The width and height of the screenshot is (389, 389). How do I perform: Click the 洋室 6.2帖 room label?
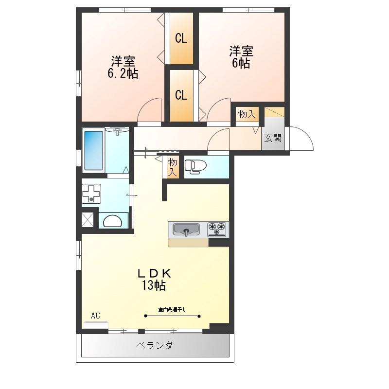(123, 68)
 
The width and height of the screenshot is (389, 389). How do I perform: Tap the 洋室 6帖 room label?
(241, 57)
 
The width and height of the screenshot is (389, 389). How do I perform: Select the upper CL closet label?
(181, 38)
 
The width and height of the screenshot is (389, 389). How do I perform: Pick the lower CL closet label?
(181, 95)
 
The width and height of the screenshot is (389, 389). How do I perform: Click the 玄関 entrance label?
(273, 138)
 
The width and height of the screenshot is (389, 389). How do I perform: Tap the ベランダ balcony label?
(154, 346)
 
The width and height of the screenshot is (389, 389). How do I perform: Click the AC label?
(95, 316)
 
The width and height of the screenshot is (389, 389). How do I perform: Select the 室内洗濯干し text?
(173, 309)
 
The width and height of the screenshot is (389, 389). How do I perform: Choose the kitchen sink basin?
(187, 229)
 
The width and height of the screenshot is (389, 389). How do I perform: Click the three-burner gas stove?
(217, 229)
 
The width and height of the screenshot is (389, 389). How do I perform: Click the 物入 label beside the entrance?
(247, 115)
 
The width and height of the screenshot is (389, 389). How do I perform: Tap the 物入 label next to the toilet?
(173, 166)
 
